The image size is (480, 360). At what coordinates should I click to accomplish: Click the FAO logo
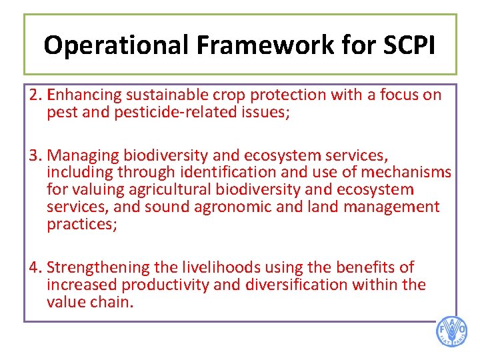click(x=451, y=331)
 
